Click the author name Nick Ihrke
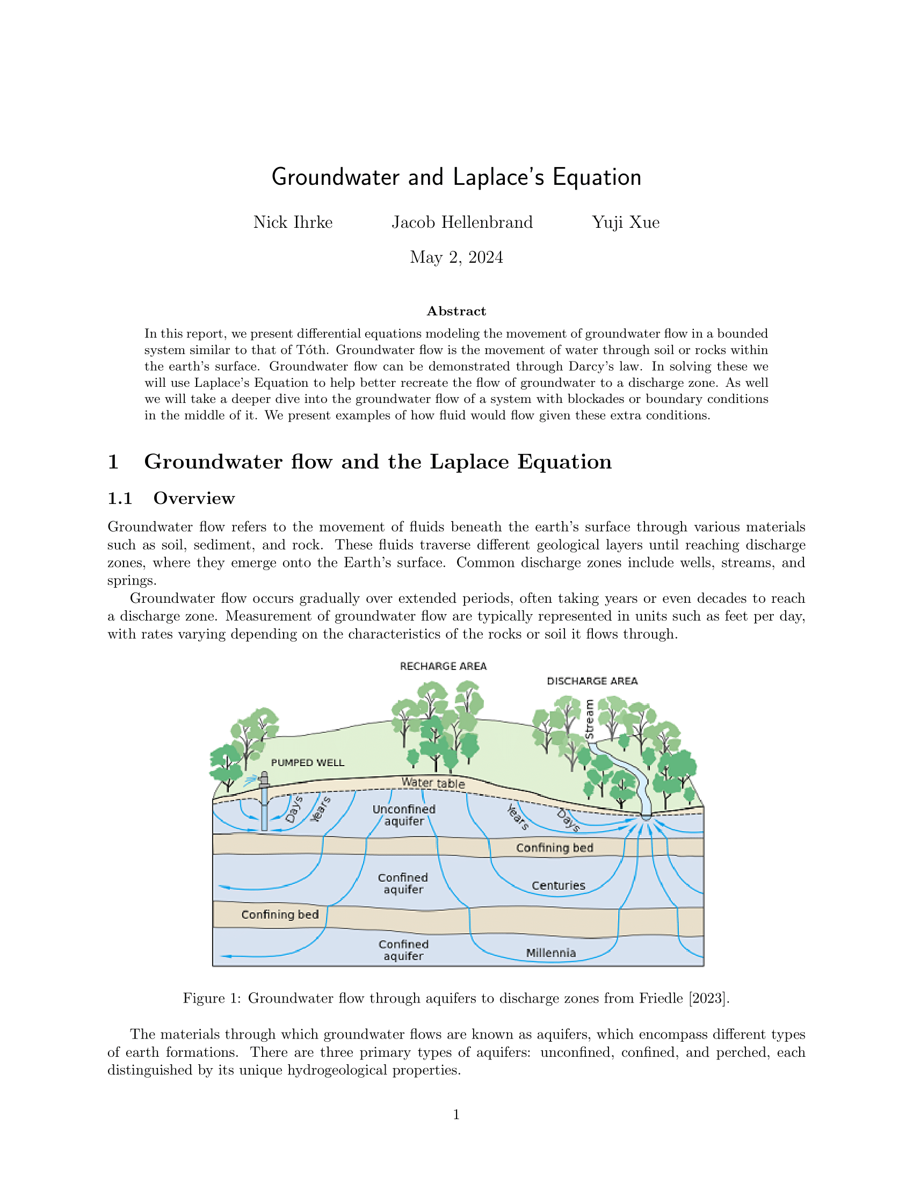293,222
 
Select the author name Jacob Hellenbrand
462,222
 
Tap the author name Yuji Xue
625,222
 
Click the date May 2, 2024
456,257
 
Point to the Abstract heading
456,311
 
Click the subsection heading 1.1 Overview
171,499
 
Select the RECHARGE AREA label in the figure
443,666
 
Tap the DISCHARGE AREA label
592,681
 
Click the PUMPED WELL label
307,762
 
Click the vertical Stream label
590,719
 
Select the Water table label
433,783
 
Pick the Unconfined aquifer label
404,815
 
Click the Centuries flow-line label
558,886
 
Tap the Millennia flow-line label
550,953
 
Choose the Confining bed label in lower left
280,914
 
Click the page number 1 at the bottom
456,1114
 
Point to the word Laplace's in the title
498,177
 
